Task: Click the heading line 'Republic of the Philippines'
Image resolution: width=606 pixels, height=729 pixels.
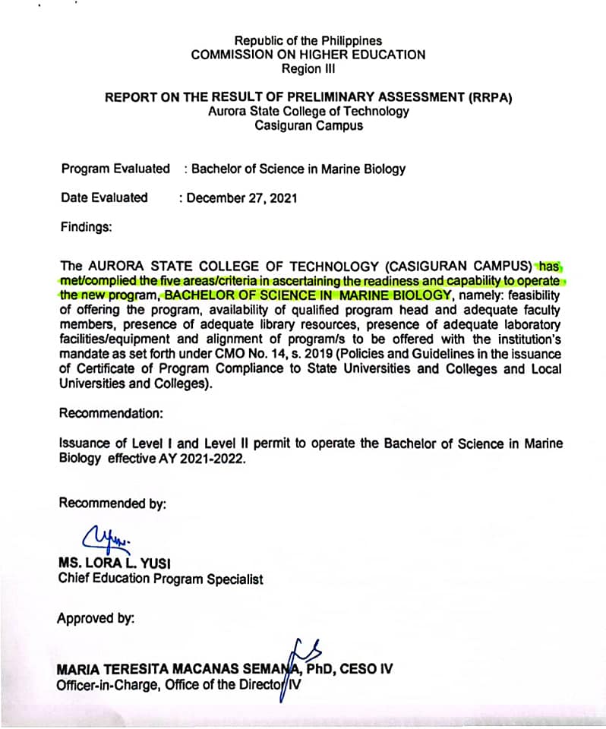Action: pyautogui.click(x=308, y=40)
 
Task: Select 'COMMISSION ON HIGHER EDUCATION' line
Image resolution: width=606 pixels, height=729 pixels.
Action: pyautogui.click(x=308, y=55)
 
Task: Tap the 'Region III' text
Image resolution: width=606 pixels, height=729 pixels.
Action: pyautogui.click(x=308, y=68)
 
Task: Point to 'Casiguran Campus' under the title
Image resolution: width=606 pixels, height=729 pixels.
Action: pyautogui.click(x=308, y=125)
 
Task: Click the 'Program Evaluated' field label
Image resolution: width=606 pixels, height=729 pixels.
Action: pyautogui.click(x=115, y=169)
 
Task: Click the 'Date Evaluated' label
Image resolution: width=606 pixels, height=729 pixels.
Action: pyautogui.click(x=104, y=197)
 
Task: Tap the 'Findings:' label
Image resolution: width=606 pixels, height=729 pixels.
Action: pyautogui.click(x=86, y=226)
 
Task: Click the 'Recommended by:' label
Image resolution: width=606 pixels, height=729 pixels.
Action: pyautogui.click(x=112, y=503)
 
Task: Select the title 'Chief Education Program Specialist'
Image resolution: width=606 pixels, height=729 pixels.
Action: pyautogui.click(x=160, y=579)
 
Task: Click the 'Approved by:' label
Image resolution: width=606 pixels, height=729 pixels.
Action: pyautogui.click(x=96, y=618)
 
